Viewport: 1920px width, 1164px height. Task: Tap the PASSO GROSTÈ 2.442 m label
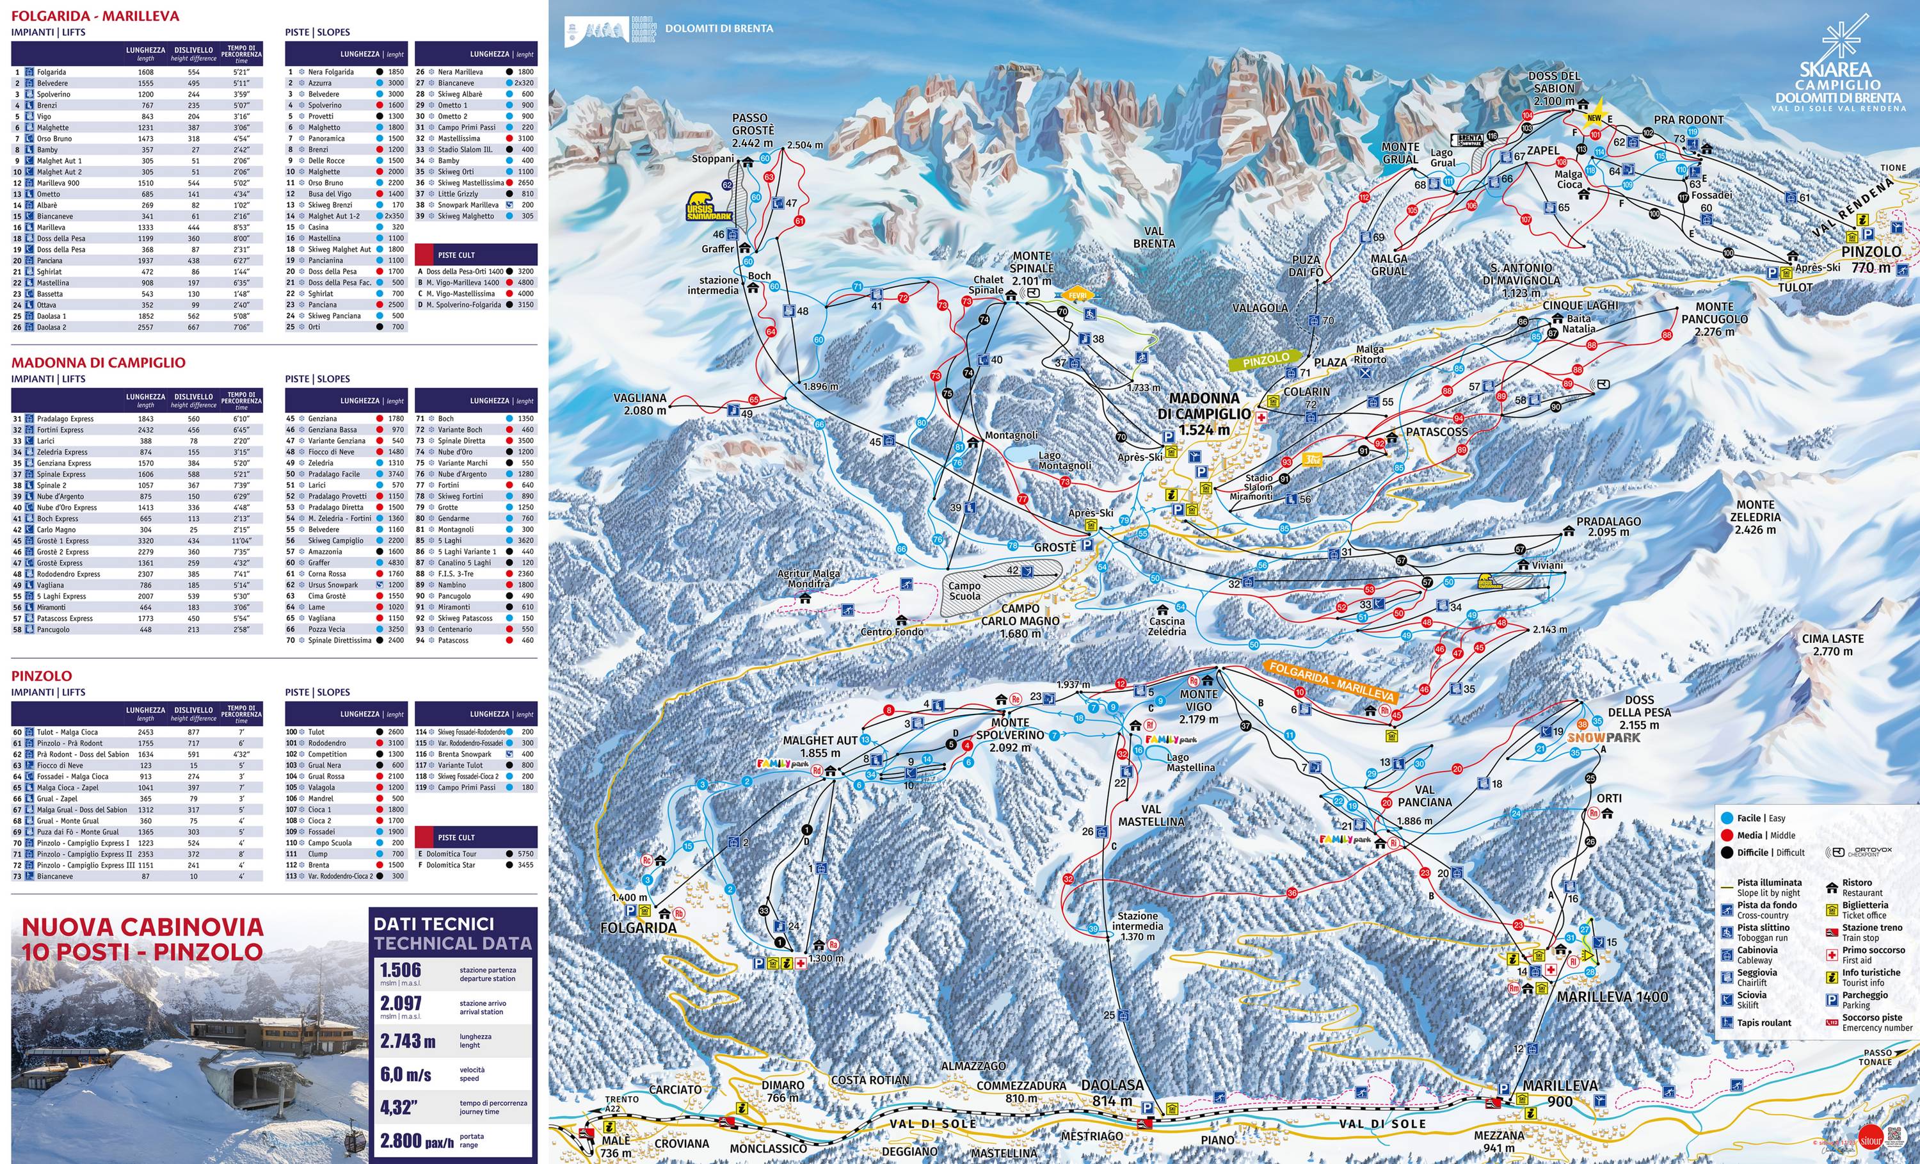coord(753,130)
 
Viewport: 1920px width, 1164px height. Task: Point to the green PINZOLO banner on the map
coord(1265,359)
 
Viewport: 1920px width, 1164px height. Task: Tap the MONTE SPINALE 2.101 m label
coord(1032,268)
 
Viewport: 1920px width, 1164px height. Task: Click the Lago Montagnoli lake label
coord(1064,460)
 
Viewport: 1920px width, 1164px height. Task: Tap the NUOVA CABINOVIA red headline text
coord(142,939)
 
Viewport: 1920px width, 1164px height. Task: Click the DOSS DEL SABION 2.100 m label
coord(1553,88)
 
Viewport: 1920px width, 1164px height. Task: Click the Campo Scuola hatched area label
coord(964,590)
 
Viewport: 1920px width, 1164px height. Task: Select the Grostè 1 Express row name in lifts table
coord(62,540)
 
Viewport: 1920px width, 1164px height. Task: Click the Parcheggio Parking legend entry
coord(1864,999)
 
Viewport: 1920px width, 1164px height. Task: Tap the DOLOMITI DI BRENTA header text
coord(719,28)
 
